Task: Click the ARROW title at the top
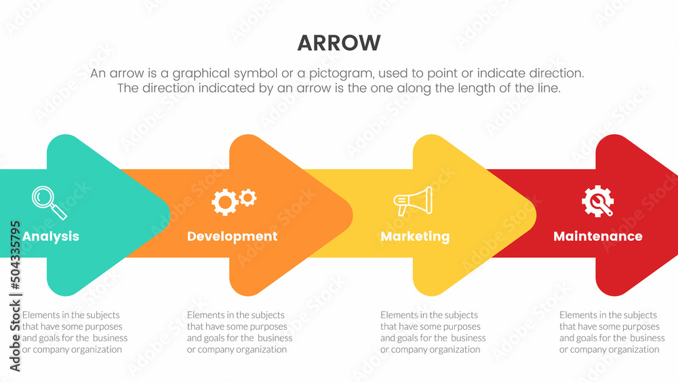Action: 339,43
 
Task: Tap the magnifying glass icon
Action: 49,202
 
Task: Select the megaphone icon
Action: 413,201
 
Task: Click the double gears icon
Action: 234,201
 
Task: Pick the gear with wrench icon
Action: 597,201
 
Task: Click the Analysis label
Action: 51,236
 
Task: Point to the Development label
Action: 232,236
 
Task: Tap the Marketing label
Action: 415,236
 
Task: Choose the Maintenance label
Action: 598,236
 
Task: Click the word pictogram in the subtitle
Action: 341,73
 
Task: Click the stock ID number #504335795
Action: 15,255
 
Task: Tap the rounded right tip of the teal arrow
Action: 169,215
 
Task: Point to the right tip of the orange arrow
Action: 353,215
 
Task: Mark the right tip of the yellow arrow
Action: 536,215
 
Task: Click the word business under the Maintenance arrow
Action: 647,338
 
